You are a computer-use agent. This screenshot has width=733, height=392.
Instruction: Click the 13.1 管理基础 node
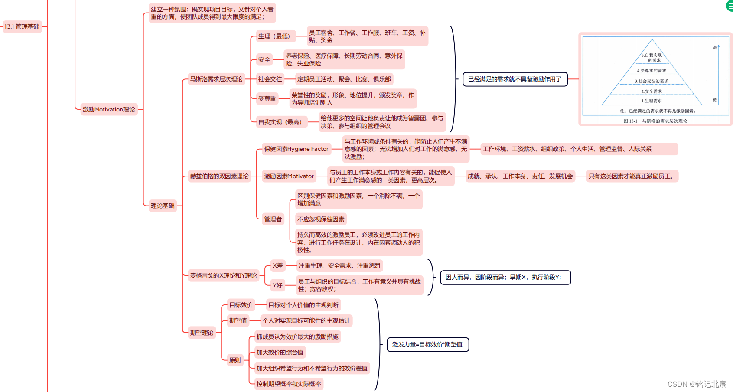22,26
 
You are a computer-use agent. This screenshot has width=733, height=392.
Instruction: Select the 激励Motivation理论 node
109,109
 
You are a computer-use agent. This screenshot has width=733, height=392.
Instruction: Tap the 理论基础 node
163,206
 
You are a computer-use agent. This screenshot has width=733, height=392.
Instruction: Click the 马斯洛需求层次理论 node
216,79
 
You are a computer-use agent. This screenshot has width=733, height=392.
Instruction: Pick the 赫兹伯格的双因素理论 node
219,176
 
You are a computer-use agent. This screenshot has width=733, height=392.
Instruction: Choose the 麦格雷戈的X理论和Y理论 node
223,275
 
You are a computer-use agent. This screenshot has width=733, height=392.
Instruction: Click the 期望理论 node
202,333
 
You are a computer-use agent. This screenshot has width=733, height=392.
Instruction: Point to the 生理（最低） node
274,36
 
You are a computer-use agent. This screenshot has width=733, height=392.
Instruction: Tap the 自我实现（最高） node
280,122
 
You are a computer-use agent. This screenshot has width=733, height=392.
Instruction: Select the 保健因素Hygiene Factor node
296,149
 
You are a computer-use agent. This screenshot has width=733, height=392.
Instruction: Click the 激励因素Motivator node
289,176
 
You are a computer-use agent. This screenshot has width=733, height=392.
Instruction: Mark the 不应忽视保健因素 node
321,219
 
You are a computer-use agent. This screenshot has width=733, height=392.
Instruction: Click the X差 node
277,265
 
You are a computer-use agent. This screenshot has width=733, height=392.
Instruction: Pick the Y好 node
277,285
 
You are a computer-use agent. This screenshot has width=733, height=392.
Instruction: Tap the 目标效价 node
241,305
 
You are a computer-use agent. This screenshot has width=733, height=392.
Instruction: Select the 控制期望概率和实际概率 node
289,384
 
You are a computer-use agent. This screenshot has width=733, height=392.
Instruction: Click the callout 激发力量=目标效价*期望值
427,344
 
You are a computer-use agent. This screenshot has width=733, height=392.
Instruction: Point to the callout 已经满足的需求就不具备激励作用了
515,79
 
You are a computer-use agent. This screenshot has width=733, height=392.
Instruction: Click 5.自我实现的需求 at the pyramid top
652,57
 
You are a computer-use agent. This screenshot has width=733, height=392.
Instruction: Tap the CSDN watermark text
697,384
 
